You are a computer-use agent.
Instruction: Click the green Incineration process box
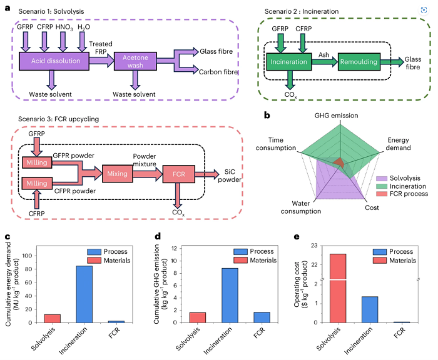coord(288,62)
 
